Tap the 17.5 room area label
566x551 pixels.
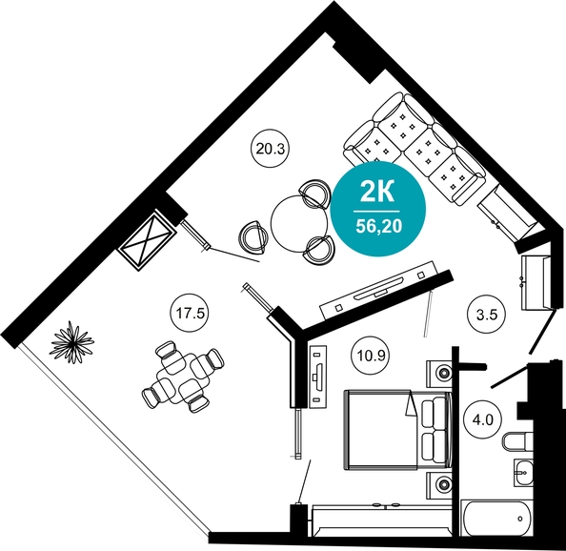pos(191,314)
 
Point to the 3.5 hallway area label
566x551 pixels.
pos(487,315)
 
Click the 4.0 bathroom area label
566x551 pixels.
pos(483,420)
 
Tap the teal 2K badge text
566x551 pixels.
pos(377,193)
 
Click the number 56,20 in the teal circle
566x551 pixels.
pos(378,226)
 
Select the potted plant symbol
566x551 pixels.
pos(72,342)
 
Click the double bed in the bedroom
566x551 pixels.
pos(397,430)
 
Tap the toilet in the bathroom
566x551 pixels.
pos(517,441)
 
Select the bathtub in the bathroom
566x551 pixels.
pos(498,519)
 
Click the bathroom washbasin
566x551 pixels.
pos(523,472)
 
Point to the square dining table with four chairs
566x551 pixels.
pos(183,378)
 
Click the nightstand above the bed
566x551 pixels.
pos(439,373)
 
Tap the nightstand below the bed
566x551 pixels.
pos(439,484)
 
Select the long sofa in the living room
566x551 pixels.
pos(415,149)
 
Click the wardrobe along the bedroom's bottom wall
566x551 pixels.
pos(382,520)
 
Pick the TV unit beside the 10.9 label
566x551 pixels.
pos(317,377)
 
